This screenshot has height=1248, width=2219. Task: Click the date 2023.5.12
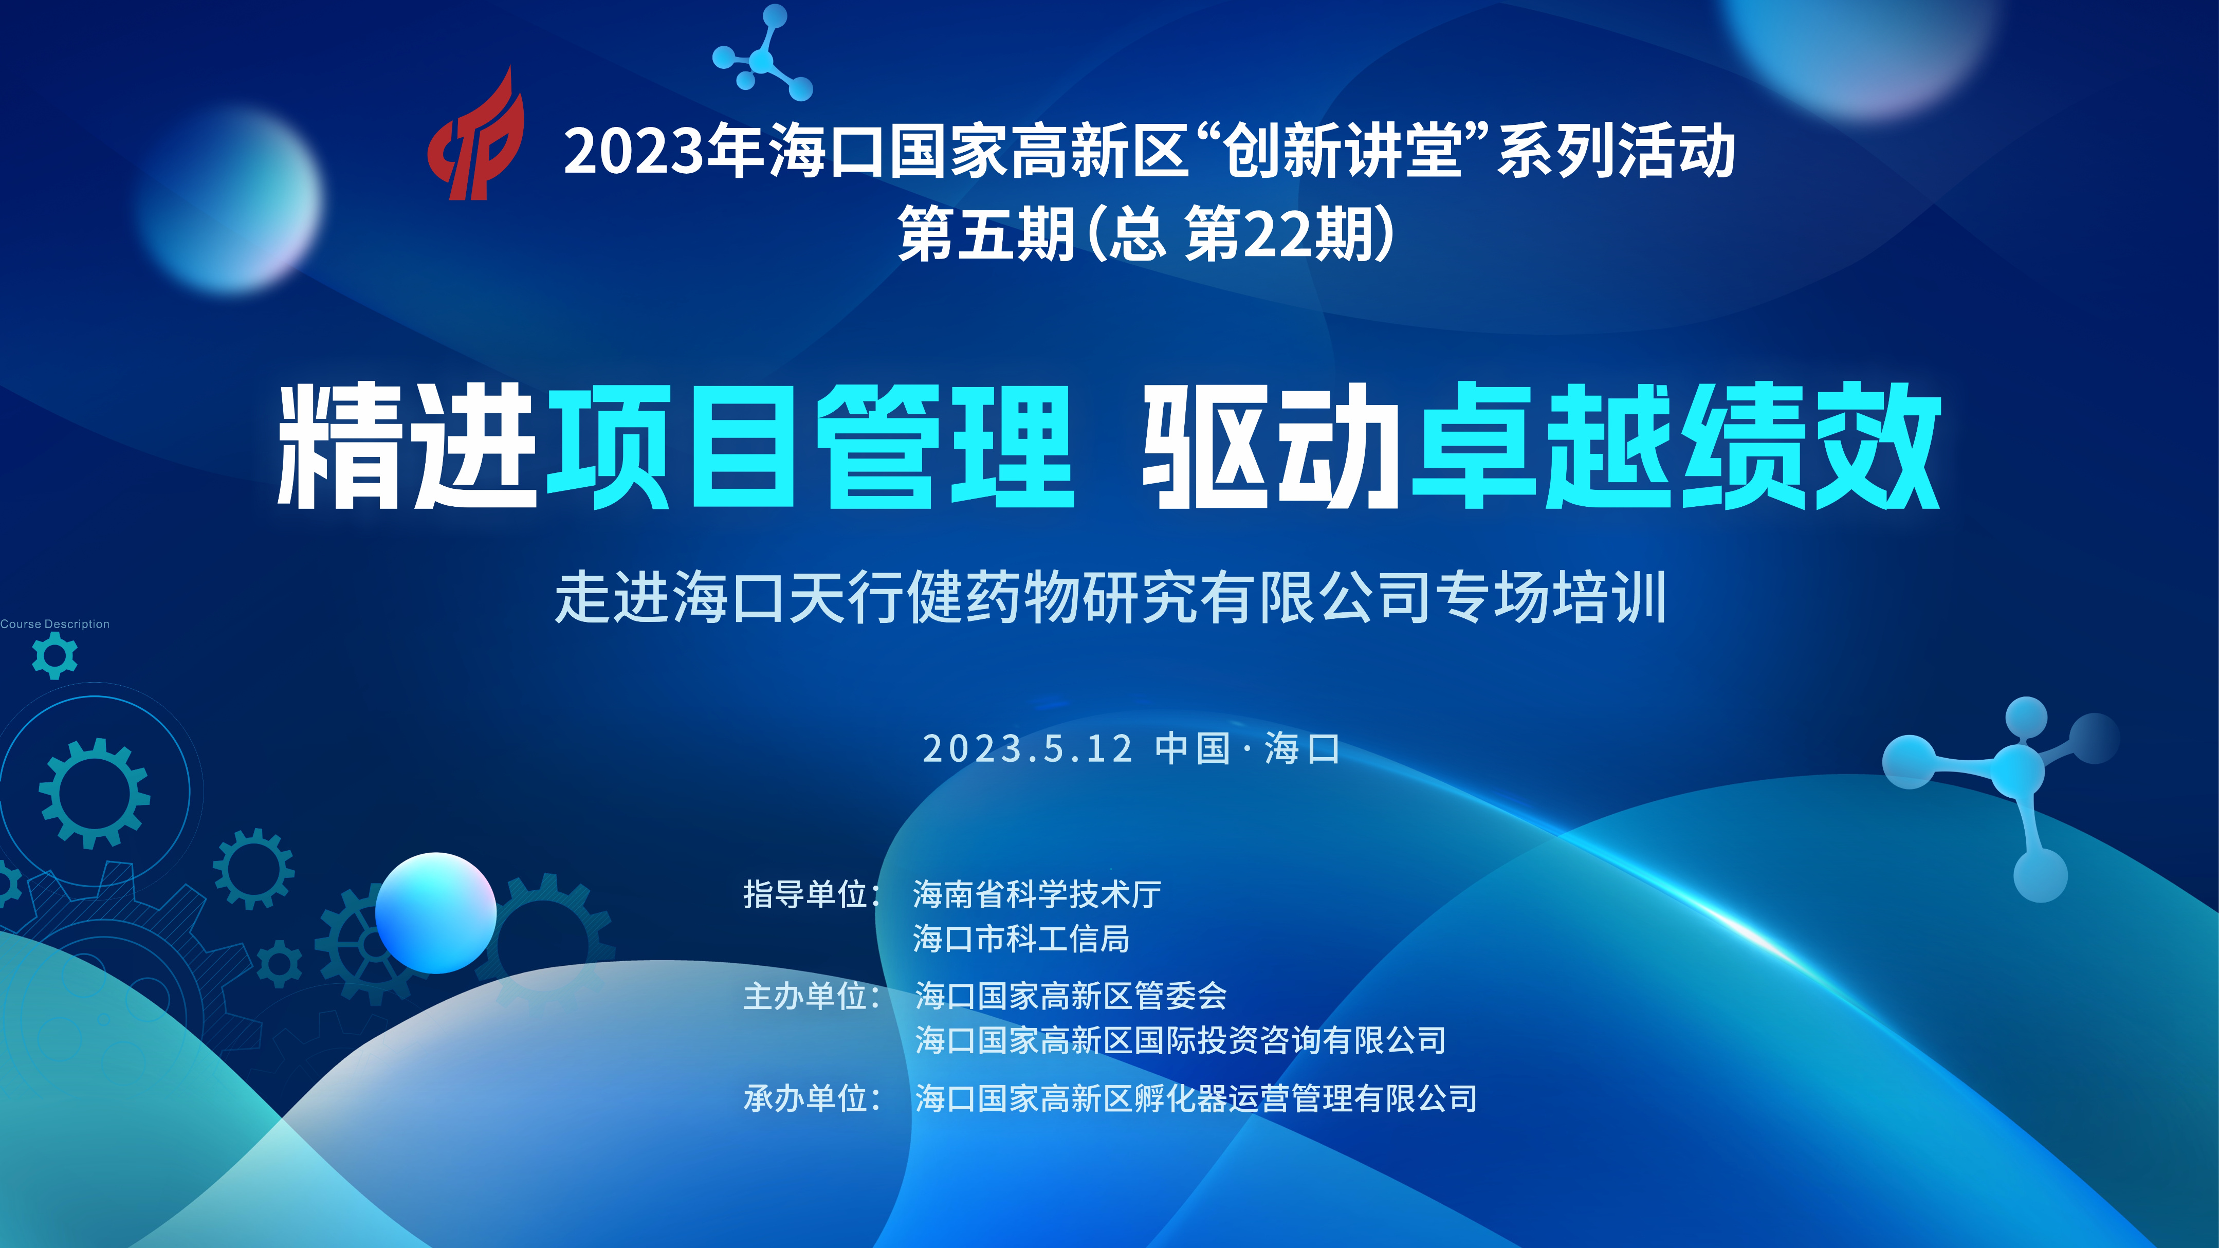[x=1027, y=748]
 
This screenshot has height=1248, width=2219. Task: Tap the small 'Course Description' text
[x=55, y=623]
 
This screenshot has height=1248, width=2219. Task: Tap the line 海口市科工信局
[x=1021, y=939]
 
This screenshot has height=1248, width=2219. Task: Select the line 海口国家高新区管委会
[x=1071, y=997]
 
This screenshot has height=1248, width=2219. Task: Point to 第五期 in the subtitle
[x=986, y=234]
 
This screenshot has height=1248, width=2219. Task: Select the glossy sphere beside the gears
[x=436, y=913]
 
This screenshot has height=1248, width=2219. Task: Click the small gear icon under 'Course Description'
[x=54, y=656]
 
